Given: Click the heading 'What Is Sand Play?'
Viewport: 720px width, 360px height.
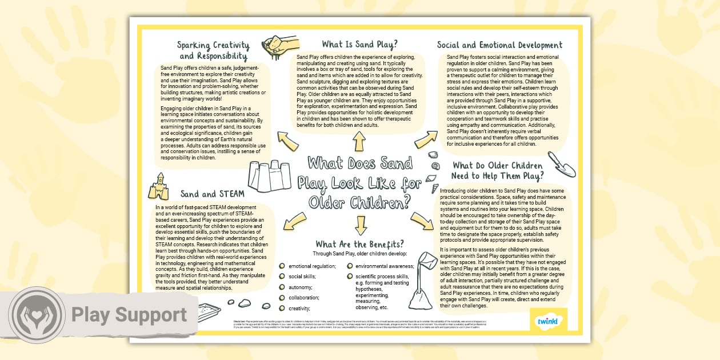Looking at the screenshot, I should coord(359,44).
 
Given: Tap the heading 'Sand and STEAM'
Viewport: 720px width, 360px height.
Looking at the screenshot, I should coord(212,194).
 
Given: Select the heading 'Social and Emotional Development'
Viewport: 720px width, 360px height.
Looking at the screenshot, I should coord(499,45).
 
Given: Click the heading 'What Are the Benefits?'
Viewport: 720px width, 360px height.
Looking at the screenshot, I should coord(359,244).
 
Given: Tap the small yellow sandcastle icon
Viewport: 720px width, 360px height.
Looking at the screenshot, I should coord(159,187).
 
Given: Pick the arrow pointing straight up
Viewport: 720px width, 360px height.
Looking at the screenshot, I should coord(359,139).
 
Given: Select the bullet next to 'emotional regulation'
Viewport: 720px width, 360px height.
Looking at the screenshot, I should coord(282,266).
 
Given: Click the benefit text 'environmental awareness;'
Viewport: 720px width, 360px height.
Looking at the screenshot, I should coord(385,266).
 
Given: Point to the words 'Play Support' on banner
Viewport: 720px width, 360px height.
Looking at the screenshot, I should coord(129,315).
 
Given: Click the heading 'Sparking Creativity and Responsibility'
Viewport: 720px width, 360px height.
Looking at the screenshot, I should coord(213,50).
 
